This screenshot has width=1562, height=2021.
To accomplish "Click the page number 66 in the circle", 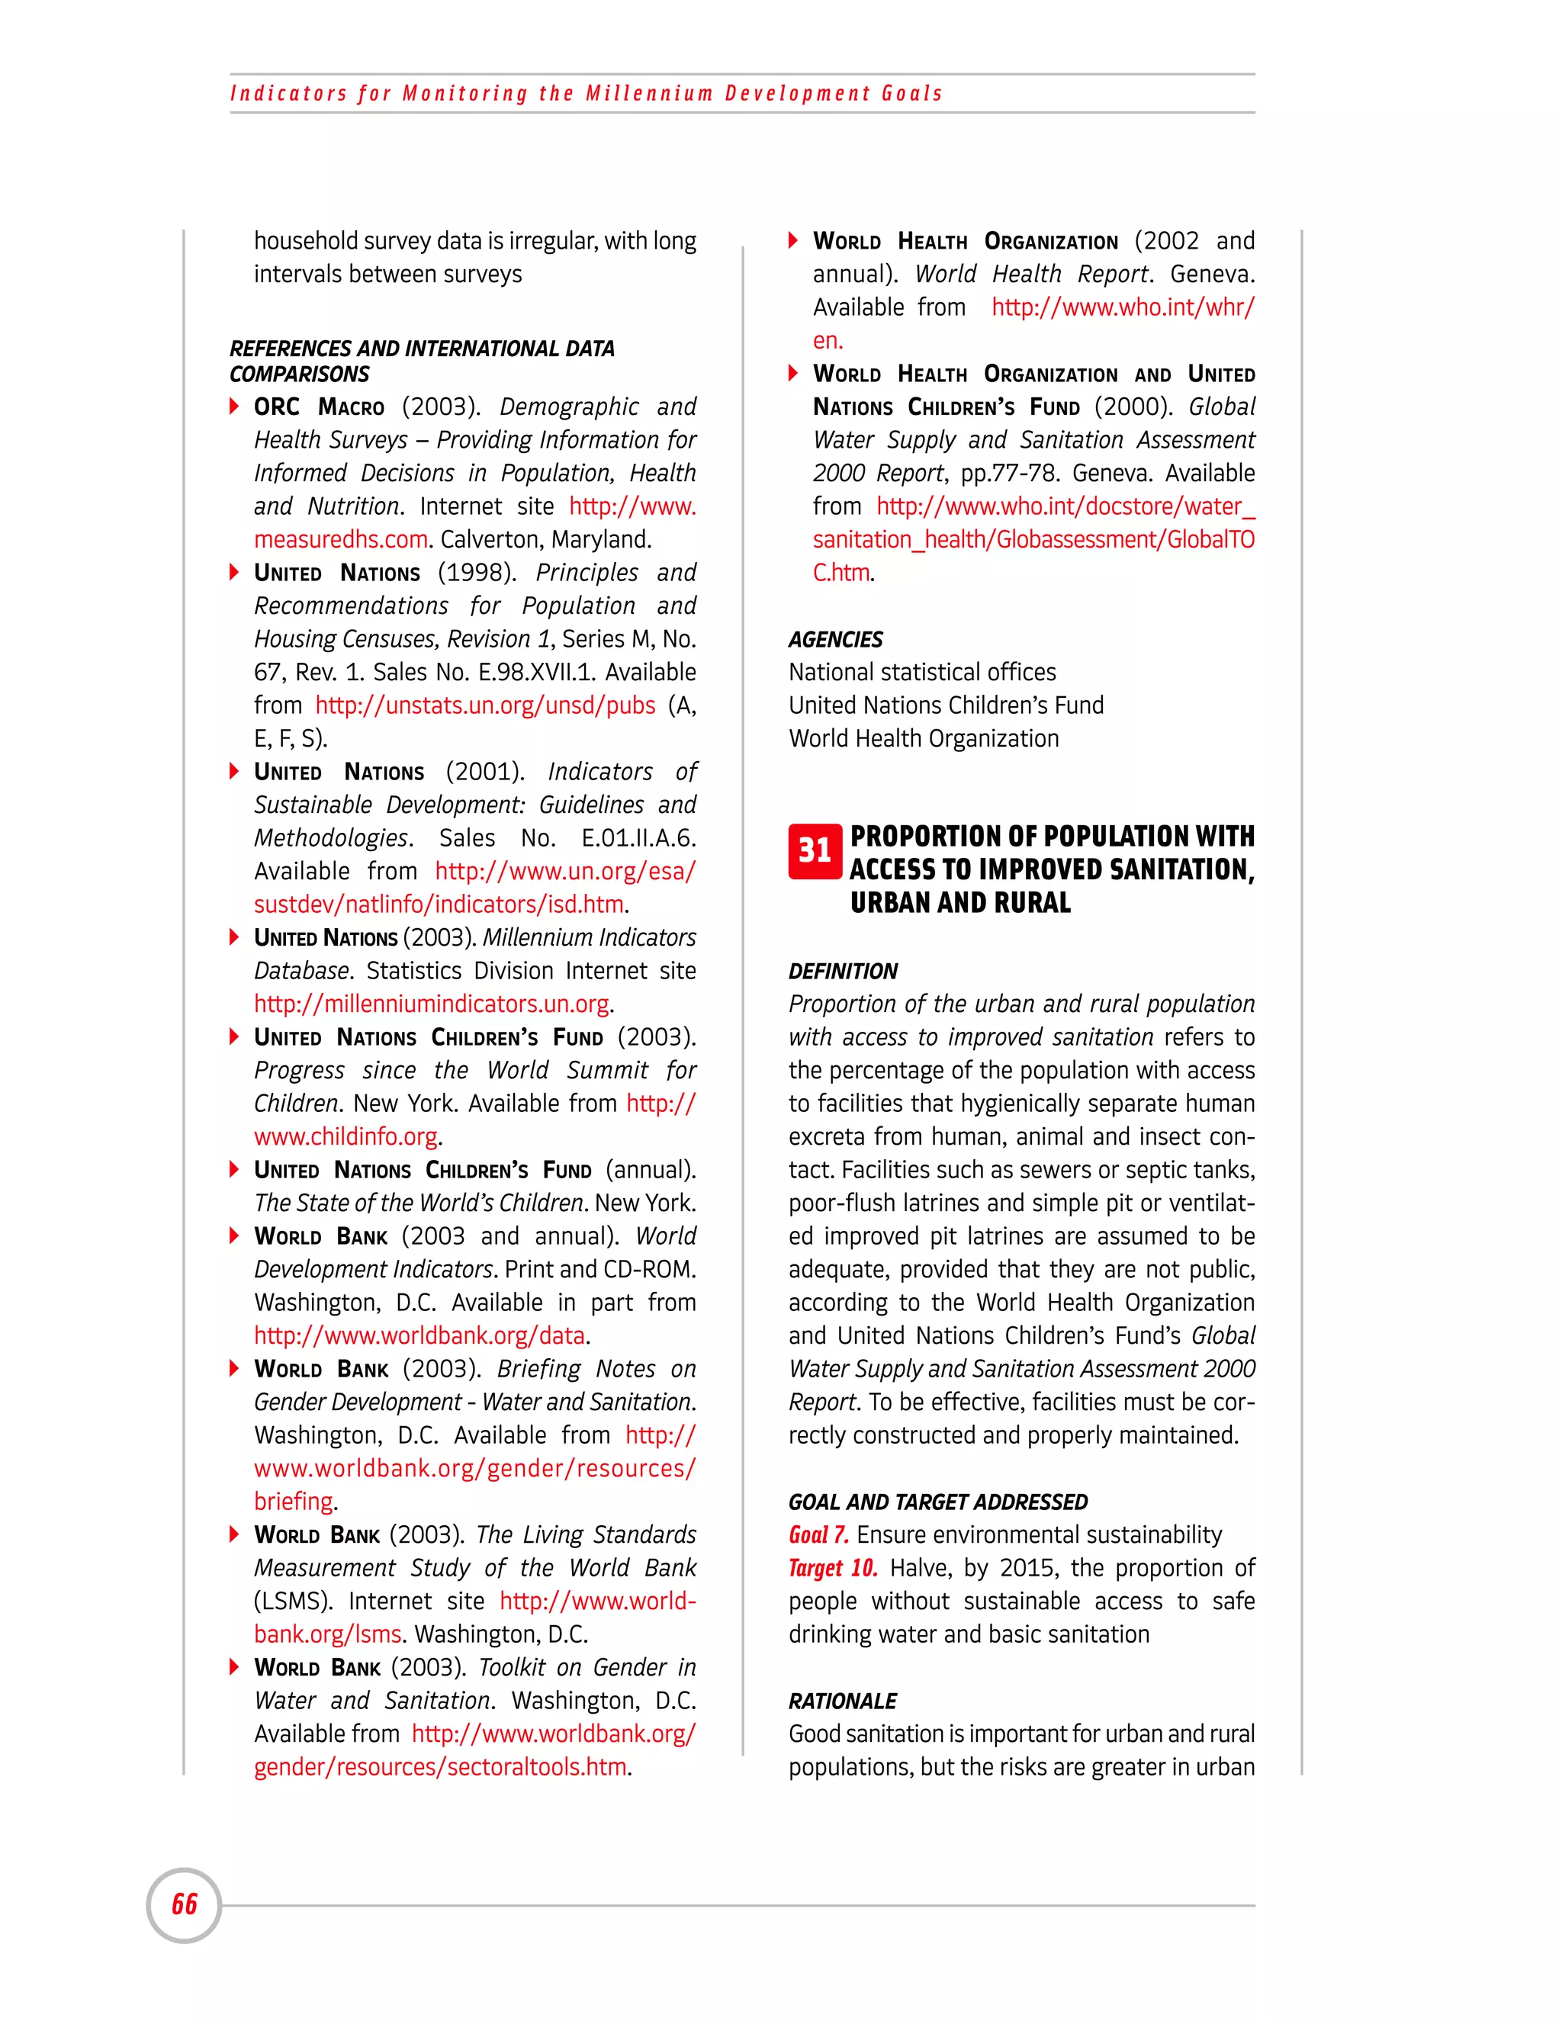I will point(184,1904).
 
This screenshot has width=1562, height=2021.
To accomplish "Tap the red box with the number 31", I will point(815,850).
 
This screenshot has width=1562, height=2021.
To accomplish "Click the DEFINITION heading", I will point(842,971).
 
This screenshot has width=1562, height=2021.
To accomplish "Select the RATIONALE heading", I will point(842,1701).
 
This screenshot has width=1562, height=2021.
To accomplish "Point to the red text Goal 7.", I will point(818,1535).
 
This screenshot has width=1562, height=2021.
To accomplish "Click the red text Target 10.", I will point(832,1569).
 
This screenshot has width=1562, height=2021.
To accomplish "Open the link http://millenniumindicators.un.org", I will point(431,1004).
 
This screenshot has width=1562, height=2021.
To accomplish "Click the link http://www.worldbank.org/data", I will point(419,1336).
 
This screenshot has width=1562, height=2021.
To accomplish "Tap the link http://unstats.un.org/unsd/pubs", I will point(485,706).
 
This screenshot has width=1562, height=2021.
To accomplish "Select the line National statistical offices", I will point(921,673).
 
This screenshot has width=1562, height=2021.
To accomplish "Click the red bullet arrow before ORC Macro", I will point(235,406).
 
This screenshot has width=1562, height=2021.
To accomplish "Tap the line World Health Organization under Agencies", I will point(924,739).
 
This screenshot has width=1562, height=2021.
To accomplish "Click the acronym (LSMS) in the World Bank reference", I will point(292,1602).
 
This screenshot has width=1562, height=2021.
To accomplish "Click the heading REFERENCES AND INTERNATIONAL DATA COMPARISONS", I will point(421,361).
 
